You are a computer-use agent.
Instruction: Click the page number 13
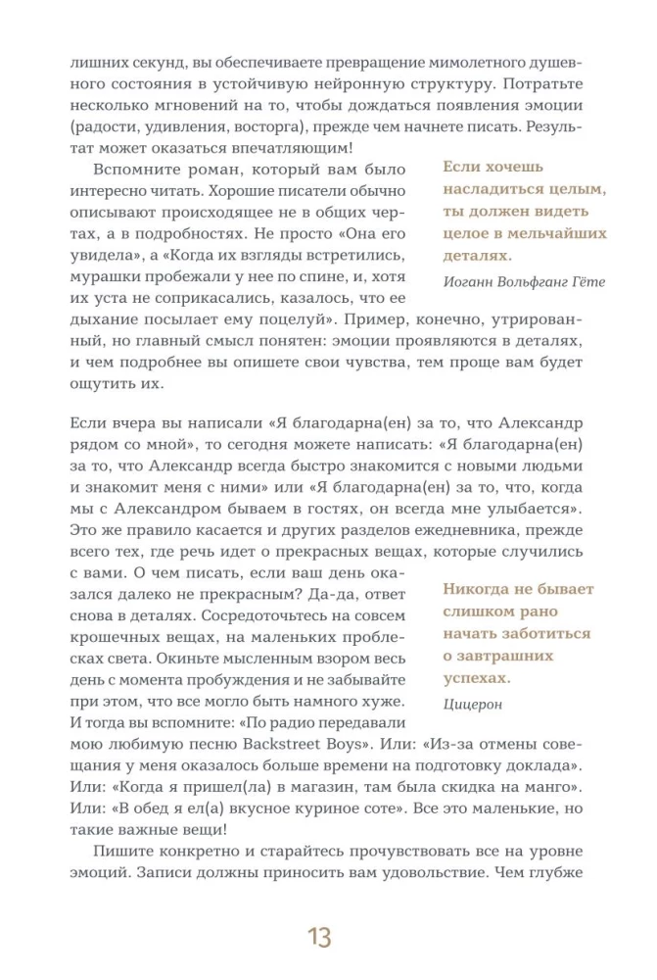click(319, 937)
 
